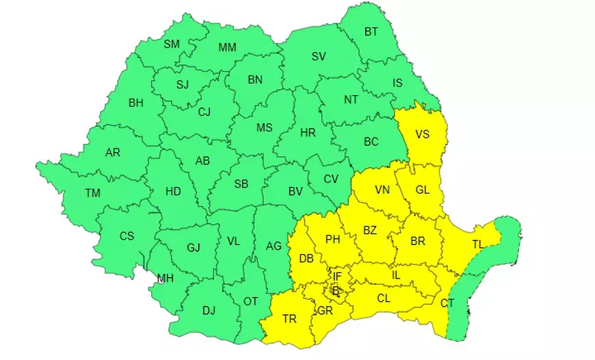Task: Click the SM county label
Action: (x=172, y=44)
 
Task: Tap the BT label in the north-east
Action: (x=371, y=31)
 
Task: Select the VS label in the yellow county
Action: (x=422, y=134)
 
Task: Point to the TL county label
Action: (x=478, y=244)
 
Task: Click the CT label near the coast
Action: (x=447, y=303)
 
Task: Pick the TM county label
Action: (x=93, y=193)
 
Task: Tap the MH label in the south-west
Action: (x=165, y=278)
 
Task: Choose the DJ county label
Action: (x=209, y=311)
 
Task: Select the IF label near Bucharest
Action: (x=336, y=277)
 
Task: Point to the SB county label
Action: (x=241, y=184)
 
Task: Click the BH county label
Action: (x=136, y=103)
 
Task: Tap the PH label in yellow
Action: (x=332, y=240)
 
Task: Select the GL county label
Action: (x=422, y=190)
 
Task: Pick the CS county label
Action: (x=127, y=236)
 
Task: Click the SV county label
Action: (x=319, y=57)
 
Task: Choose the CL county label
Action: (x=384, y=298)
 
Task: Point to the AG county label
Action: (x=274, y=246)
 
